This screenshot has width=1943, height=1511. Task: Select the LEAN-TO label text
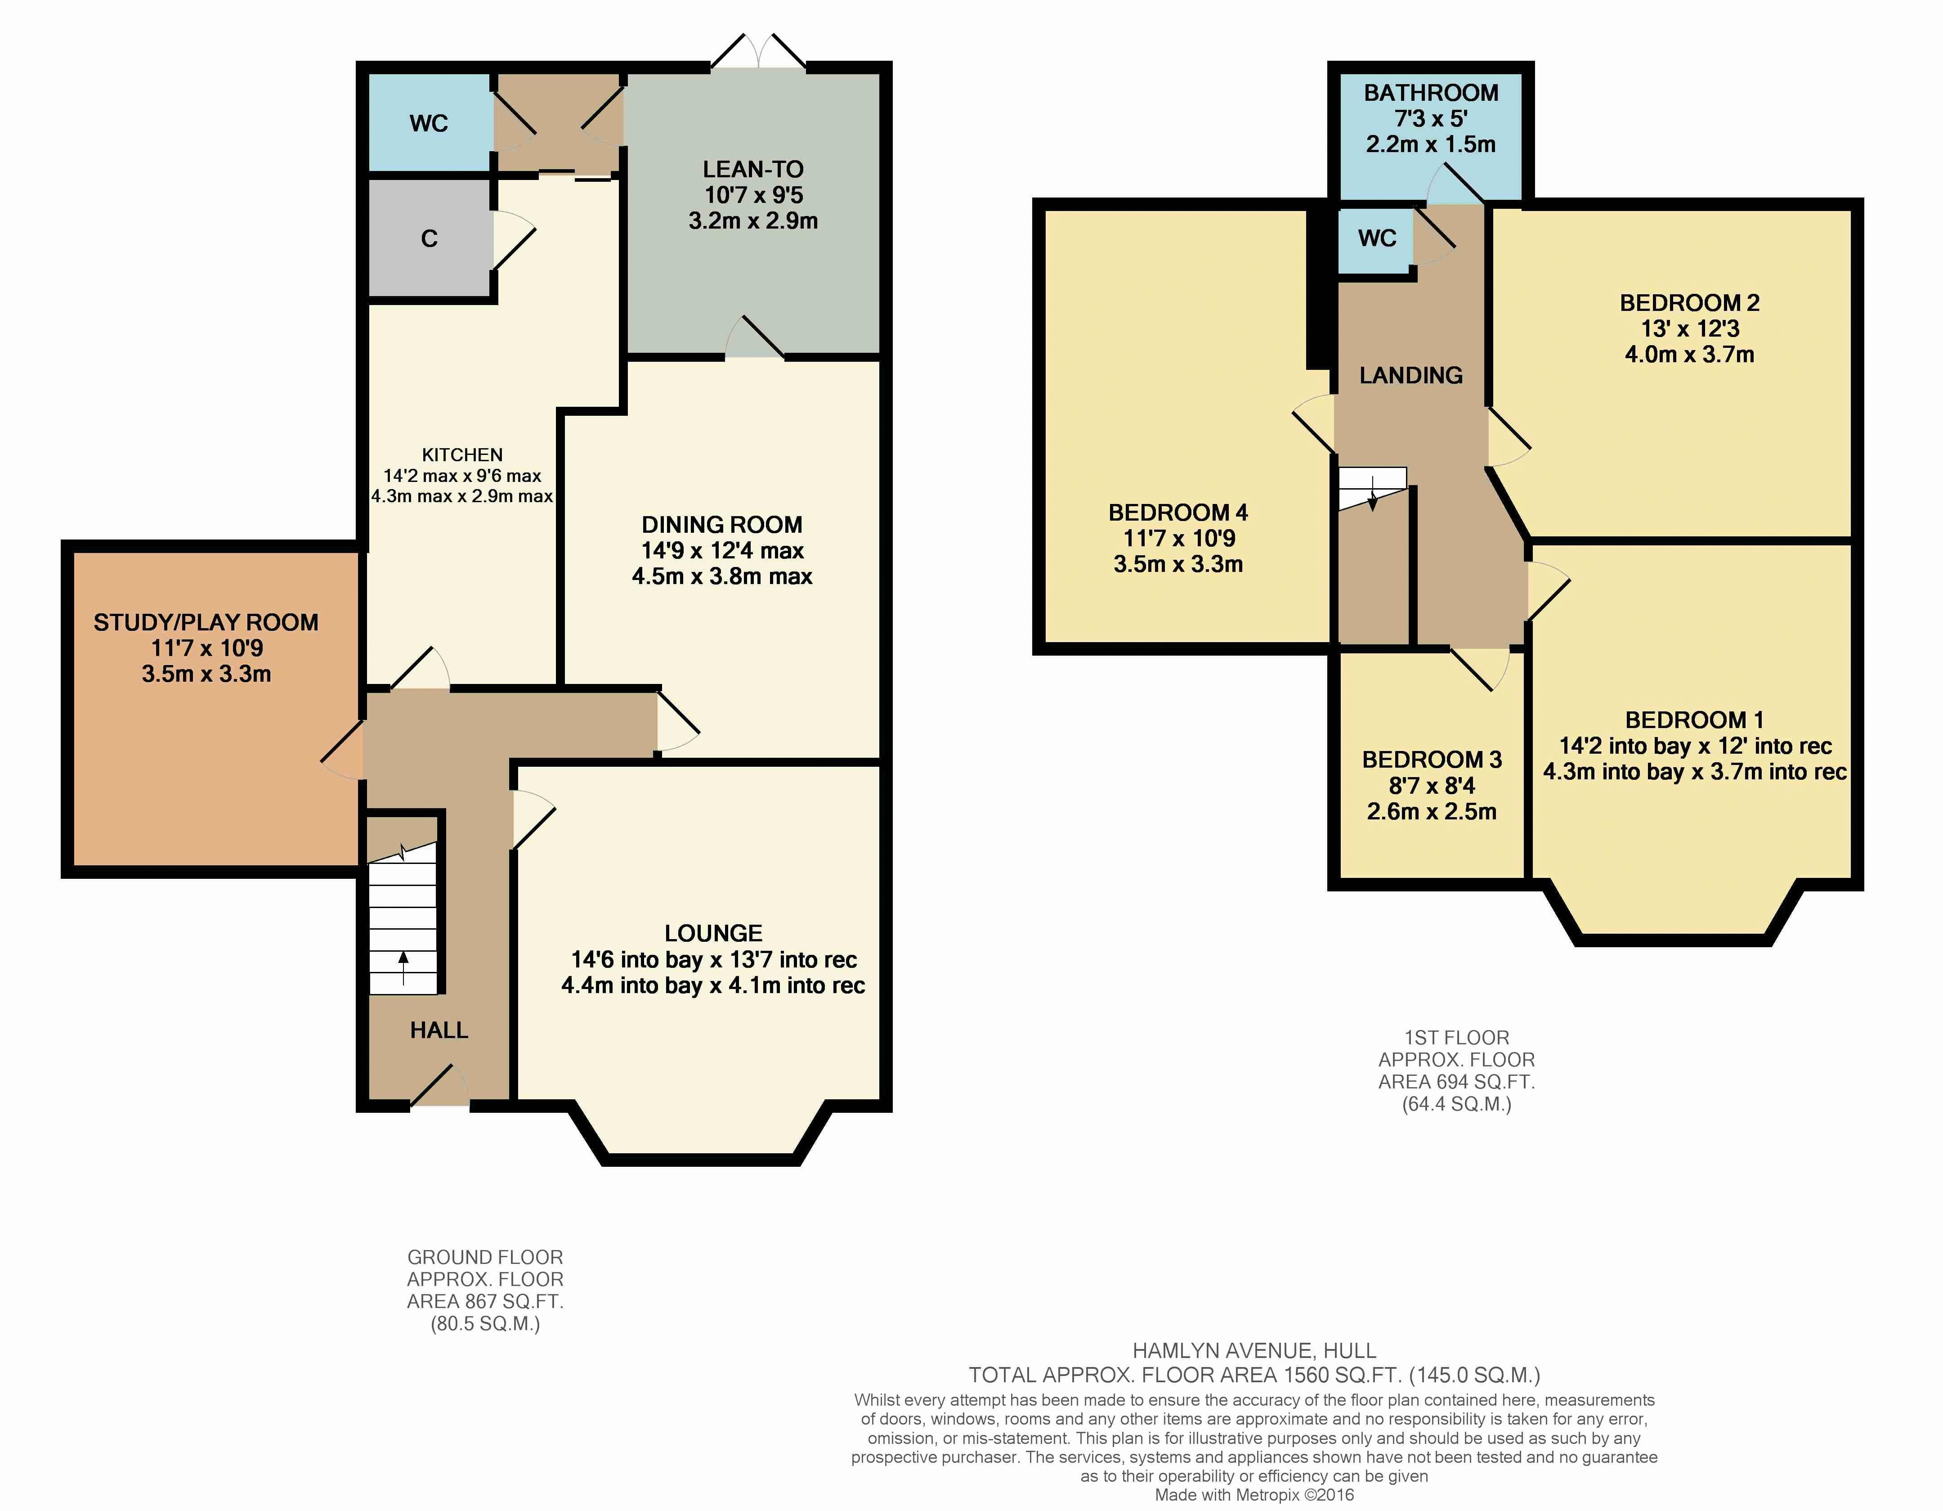pyautogui.click(x=752, y=169)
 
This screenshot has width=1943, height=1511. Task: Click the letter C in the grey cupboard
pyautogui.click(x=429, y=238)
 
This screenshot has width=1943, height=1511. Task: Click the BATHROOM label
pyautogui.click(x=1431, y=93)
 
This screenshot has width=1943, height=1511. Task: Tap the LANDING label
pyautogui.click(x=1411, y=376)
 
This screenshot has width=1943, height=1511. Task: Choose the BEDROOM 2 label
pyautogui.click(x=1689, y=302)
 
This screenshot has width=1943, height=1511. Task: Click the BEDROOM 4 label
pyautogui.click(x=1178, y=513)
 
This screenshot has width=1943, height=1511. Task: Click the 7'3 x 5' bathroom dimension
pyautogui.click(x=1431, y=118)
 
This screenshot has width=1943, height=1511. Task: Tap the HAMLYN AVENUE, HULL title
pyautogui.click(x=1254, y=1351)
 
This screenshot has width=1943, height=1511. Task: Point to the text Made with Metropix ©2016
pyautogui.click(x=1254, y=1495)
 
